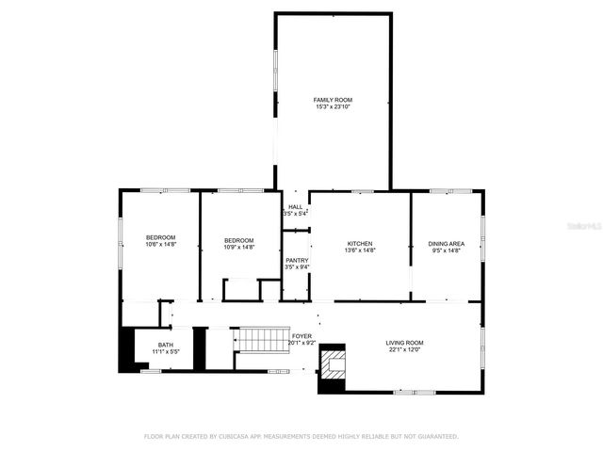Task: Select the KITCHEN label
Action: pyautogui.click(x=360, y=243)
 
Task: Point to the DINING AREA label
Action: pyautogui.click(x=447, y=243)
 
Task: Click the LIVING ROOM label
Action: pyautogui.click(x=404, y=343)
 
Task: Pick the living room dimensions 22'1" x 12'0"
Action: pyautogui.click(x=404, y=350)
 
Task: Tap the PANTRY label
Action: pyautogui.click(x=297, y=259)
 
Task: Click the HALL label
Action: pyautogui.click(x=295, y=206)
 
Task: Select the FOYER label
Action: pyautogui.click(x=301, y=336)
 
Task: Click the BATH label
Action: pyautogui.click(x=165, y=345)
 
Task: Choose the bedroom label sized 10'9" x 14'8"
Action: pyautogui.click(x=238, y=240)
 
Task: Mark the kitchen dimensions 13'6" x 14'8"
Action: pyautogui.click(x=360, y=250)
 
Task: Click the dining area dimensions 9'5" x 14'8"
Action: pyautogui.click(x=447, y=250)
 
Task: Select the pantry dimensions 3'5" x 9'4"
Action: pyautogui.click(x=297, y=266)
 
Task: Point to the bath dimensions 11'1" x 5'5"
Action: pyautogui.click(x=165, y=352)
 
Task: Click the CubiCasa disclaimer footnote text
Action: pyautogui.click(x=301, y=436)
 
